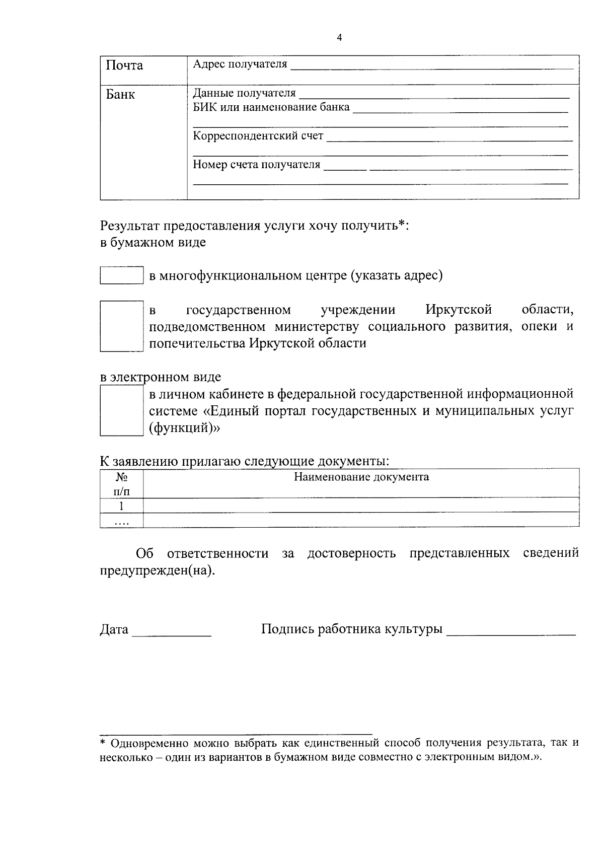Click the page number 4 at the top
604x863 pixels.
[x=339, y=38]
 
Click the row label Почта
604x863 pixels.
[x=124, y=65]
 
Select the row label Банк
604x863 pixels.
[x=120, y=95]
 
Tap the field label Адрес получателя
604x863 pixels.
[x=240, y=64]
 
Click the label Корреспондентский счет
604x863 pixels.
[x=258, y=136]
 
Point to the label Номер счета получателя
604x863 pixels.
[x=257, y=165]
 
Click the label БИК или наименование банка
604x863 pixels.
[x=271, y=107]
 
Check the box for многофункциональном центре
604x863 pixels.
[x=121, y=275]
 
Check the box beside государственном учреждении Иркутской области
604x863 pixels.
[x=119, y=326]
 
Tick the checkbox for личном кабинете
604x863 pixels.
[x=121, y=410]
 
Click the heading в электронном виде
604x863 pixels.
[x=161, y=377]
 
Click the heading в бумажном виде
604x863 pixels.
[x=153, y=242]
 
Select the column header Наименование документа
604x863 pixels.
[x=361, y=477]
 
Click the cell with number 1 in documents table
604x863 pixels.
[x=121, y=506]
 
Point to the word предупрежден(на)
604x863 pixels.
[x=157, y=571]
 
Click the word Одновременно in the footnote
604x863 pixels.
[x=143, y=743]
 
